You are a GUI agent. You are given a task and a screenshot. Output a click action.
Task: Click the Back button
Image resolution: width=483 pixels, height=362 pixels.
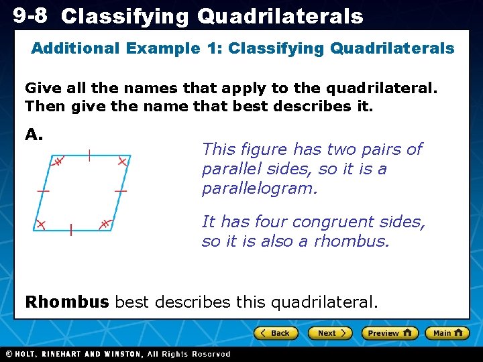[x=276, y=333]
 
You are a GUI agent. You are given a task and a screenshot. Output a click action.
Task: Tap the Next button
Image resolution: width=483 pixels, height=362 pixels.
[x=330, y=333]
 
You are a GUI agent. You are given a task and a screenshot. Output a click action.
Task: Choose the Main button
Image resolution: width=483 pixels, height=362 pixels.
[x=447, y=333]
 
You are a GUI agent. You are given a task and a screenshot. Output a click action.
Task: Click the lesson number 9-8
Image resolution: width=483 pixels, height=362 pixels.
[x=30, y=15]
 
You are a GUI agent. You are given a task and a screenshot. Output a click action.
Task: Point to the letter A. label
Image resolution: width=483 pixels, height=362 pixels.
[x=34, y=135]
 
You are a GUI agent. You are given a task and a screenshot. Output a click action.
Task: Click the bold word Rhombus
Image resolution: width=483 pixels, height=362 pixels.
[x=66, y=302]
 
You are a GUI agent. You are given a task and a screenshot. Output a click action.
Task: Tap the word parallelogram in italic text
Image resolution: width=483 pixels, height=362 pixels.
[x=259, y=189]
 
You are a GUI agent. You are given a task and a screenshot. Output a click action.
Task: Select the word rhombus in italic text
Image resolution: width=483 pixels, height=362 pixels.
[x=354, y=241]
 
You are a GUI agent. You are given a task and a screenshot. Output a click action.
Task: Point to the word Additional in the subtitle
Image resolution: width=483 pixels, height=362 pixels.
[x=72, y=48]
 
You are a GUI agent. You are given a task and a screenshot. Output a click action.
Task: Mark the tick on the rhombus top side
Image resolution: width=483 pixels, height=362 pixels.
[x=89, y=155]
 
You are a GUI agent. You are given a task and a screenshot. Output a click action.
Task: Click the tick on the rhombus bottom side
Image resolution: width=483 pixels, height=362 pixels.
[x=71, y=230]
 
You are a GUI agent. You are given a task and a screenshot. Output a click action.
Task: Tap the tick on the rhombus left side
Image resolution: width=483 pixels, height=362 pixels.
[x=43, y=192]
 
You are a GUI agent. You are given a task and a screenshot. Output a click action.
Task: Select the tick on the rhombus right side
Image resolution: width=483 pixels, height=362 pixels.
[x=121, y=192]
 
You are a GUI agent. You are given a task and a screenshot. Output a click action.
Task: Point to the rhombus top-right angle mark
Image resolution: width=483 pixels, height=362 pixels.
[x=122, y=162]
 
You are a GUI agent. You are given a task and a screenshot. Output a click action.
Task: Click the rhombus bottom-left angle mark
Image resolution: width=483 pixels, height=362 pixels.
[x=41, y=224]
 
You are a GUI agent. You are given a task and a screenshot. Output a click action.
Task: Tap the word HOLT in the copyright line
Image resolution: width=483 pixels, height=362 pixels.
[x=32, y=354]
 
